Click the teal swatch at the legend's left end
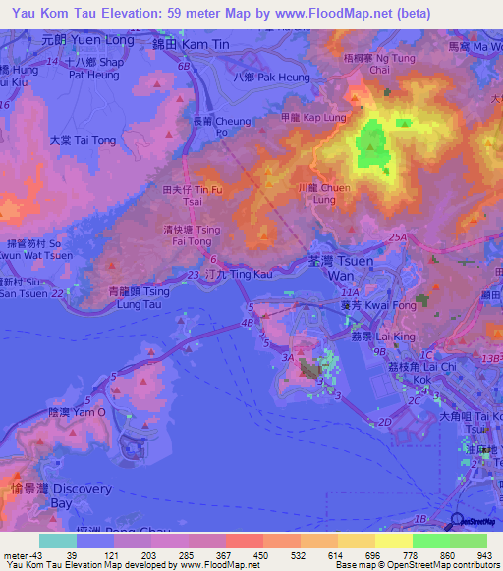coord(57,541)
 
